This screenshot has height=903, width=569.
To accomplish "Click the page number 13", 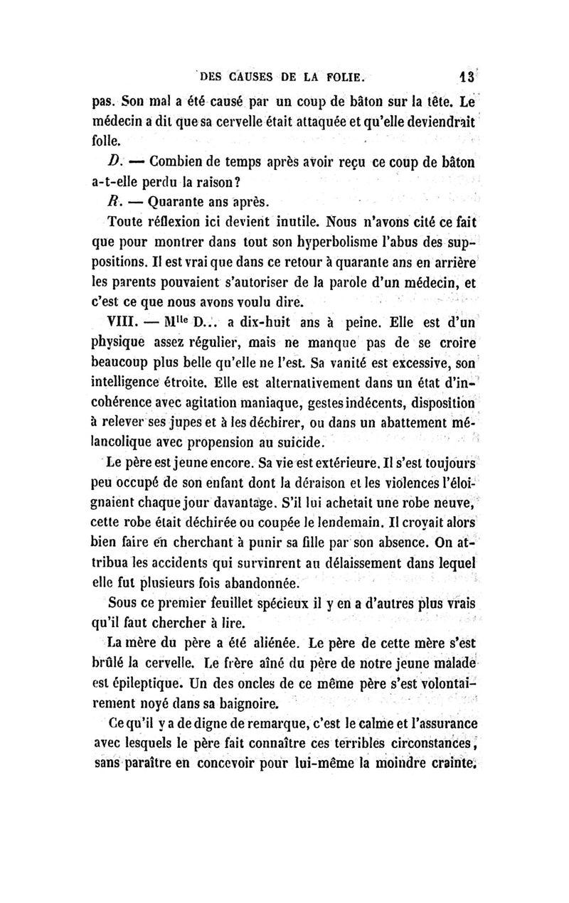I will (x=466, y=75).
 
